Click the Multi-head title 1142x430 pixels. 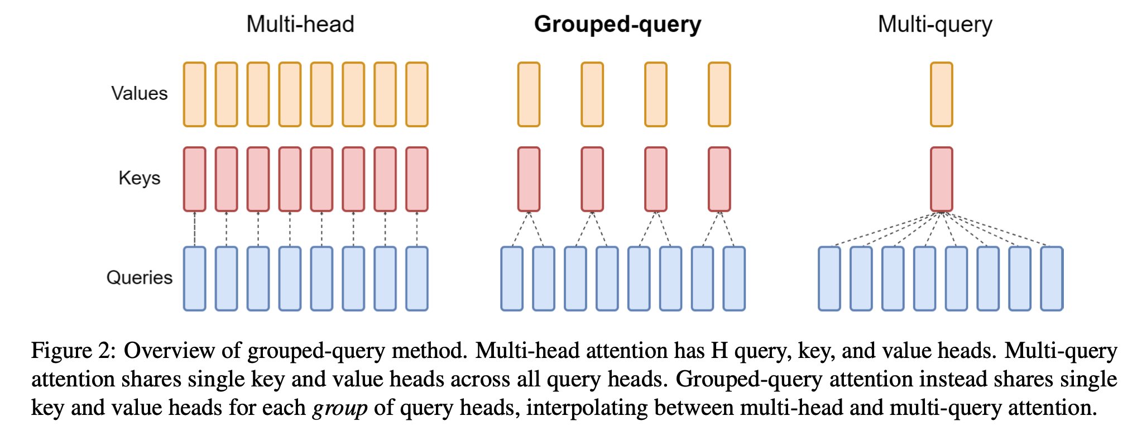[x=300, y=25]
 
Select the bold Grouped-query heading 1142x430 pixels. [x=617, y=25]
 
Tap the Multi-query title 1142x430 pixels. [x=935, y=25]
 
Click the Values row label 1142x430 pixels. [x=140, y=93]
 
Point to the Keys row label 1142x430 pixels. [x=140, y=178]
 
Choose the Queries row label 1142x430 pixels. [x=140, y=278]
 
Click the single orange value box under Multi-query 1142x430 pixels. [x=942, y=94]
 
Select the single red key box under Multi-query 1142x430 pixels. [x=942, y=179]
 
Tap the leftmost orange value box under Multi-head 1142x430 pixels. [x=195, y=94]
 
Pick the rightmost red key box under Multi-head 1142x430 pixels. [x=417, y=179]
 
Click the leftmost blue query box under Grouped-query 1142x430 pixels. [x=512, y=279]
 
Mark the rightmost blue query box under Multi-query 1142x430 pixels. [x=1052, y=279]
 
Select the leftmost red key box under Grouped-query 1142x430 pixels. [x=529, y=179]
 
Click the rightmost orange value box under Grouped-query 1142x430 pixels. [x=719, y=94]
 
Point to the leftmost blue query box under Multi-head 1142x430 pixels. [x=195, y=279]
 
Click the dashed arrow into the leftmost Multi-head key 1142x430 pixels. [x=195, y=229]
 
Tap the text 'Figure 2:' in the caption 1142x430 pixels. [x=73, y=351]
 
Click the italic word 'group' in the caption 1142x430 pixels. [x=339, y=408]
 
